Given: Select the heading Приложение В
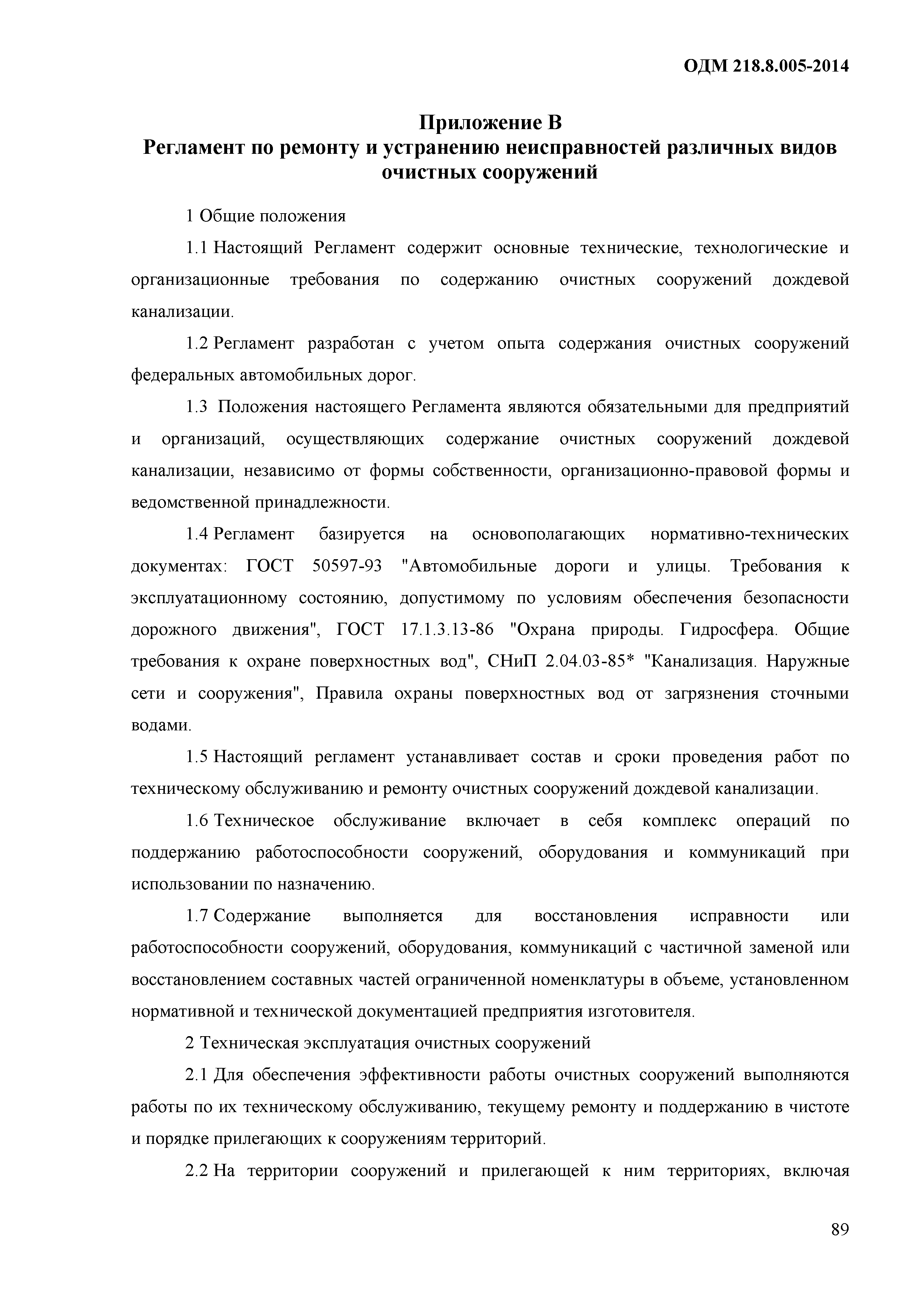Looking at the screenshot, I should (x=490, y=122).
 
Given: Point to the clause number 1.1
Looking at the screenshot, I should (x=197, y=248).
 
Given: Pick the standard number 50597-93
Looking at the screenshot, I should (x=347, y=567).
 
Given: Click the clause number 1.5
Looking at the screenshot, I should (x=197, y=757).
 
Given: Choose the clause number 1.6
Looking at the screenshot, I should (x=197, y=821).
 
